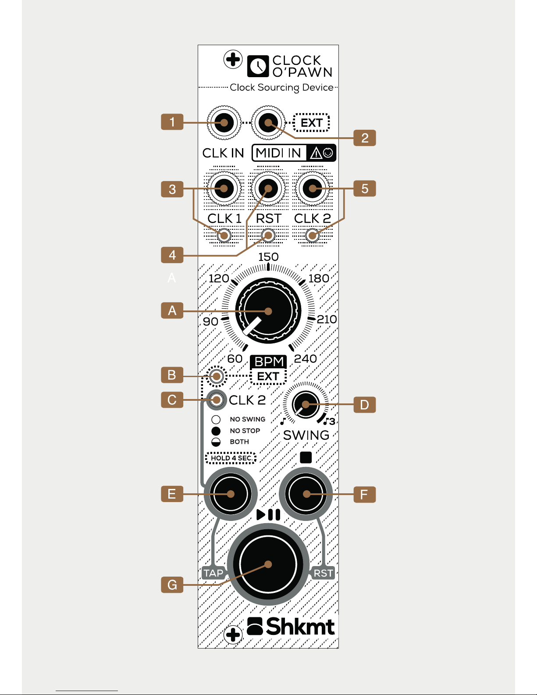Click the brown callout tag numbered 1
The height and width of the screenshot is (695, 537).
172,122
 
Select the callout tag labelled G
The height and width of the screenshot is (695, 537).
172,585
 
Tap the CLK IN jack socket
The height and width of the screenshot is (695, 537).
224,122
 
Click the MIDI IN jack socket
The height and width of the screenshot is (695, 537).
268,122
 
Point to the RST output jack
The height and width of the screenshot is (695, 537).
268,189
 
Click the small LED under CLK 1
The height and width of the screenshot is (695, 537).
224,236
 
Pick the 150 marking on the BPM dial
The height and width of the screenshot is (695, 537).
268,257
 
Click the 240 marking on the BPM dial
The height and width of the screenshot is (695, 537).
305,359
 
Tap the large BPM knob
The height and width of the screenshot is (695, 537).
268,310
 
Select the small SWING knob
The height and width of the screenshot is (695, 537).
306,404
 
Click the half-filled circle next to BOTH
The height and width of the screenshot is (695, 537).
216,442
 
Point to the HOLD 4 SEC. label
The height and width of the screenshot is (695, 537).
231,458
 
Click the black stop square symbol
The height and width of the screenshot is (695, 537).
306,457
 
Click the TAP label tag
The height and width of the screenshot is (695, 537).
213,573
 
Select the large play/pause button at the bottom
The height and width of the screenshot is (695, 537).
268,564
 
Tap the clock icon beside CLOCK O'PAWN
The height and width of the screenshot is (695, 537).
258,66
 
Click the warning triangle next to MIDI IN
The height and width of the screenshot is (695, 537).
316,153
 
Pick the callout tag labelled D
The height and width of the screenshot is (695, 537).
364,405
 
